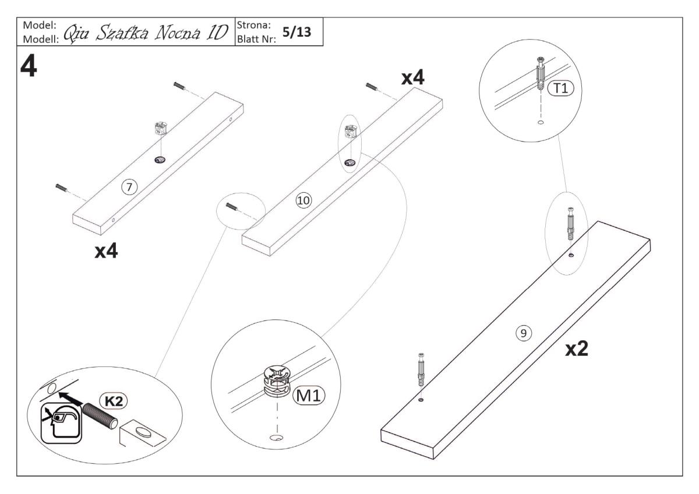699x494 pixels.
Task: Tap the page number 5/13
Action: point(296,33)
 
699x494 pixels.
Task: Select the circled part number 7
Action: point(129,186)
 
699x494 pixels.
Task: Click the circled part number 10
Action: point(303,200)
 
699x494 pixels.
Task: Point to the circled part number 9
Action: point(523,333)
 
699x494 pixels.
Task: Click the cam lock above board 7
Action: point(159,129)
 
